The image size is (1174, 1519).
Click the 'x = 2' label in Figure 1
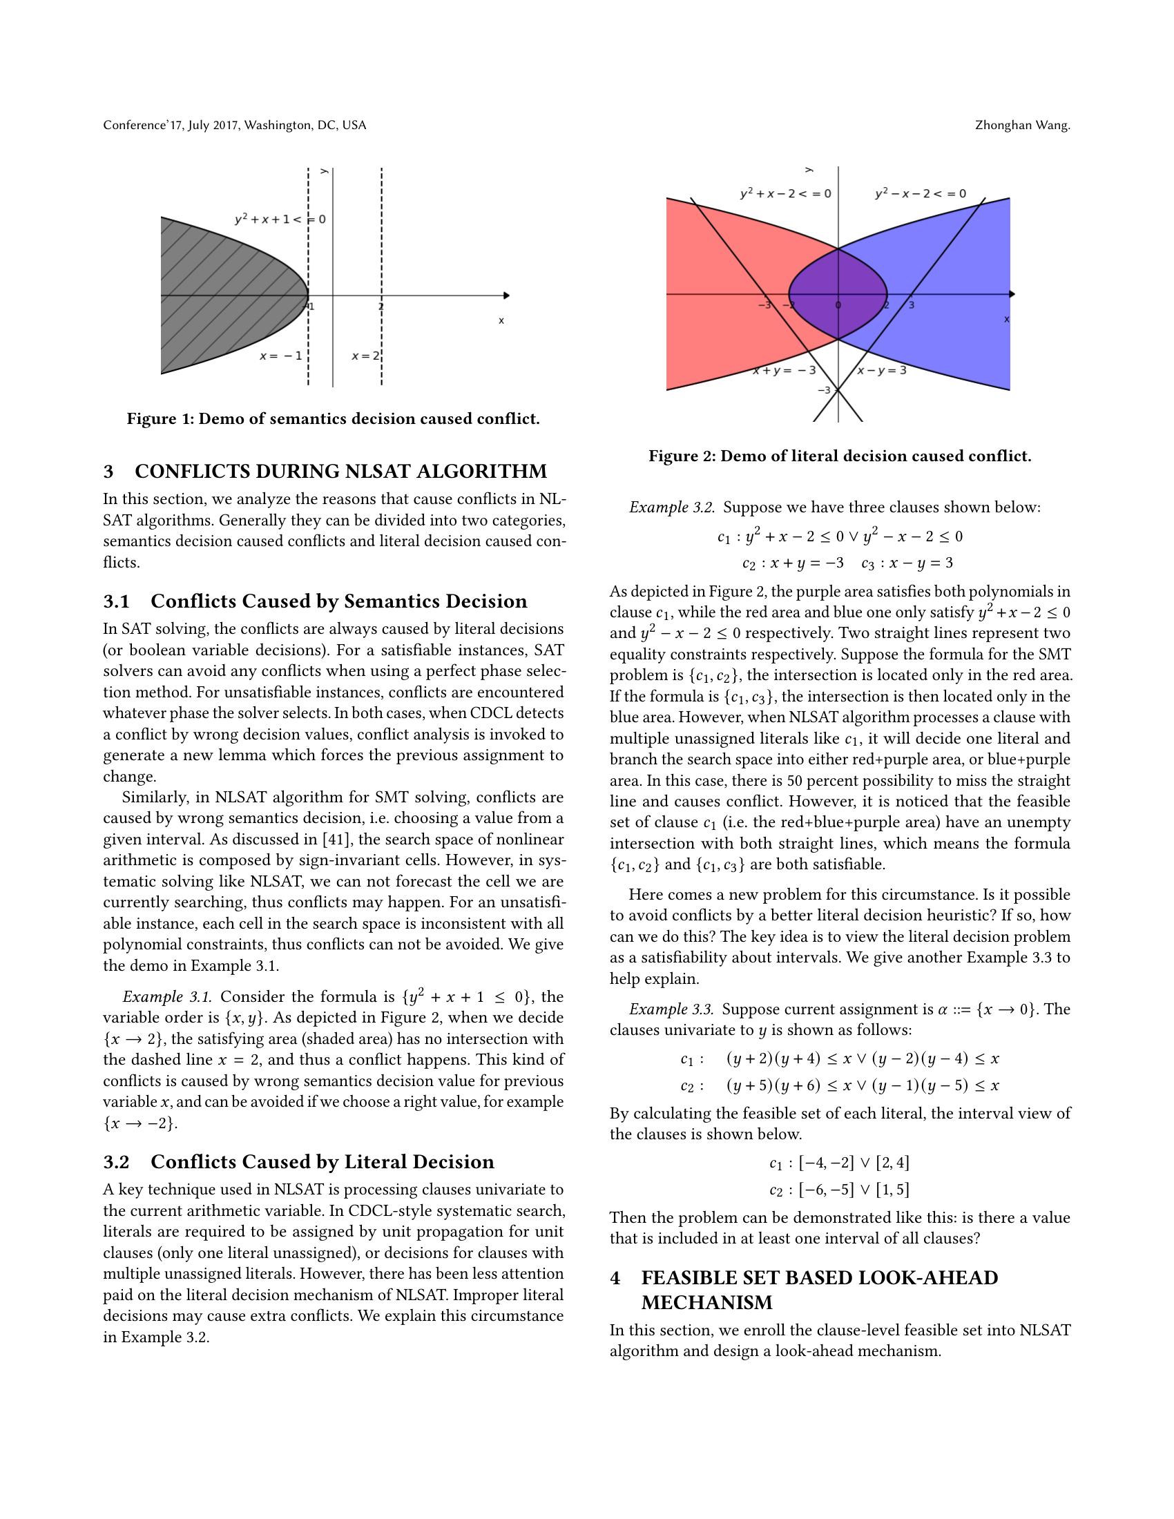point(365,356)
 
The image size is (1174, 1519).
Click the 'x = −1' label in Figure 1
point(281,356)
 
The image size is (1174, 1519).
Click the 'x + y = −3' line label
point(784,371)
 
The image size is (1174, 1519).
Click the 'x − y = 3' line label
point(882,370)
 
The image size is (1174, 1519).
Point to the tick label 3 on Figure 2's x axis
point(911,305)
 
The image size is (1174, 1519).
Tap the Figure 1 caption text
point(333,418)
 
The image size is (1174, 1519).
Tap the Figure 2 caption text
point(840,456)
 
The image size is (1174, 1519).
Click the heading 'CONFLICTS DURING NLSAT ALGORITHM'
point(340,472)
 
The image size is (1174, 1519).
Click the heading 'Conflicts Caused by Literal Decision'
point(322,1162)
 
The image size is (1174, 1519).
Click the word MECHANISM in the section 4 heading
point(706,1302)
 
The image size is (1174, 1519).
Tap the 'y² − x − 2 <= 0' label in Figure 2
point(920,193)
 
